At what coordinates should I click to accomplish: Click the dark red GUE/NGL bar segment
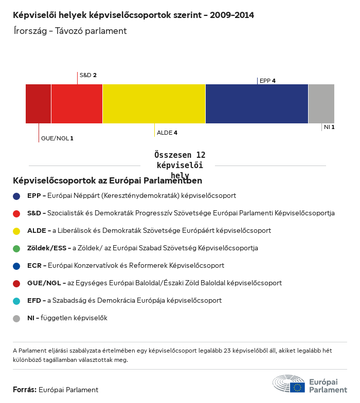coord(39,104)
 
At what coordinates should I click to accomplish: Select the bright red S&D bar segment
coord(77,104)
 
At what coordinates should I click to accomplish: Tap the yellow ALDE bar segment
coord(154,104)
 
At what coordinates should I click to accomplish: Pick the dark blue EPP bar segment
coord(257,104)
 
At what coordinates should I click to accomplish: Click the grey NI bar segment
coord(321,104)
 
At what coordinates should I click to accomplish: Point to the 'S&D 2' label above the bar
coord(88,75)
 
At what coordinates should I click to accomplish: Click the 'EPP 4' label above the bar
coord(267,81)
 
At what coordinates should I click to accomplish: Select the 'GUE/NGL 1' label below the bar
coord(57,138)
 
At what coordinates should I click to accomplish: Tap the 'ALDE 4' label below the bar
coord(167,133)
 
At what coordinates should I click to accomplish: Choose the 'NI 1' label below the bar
coord(329,127)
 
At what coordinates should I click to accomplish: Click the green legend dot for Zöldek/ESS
coord(16,248)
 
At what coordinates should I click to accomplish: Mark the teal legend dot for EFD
coord(16,301)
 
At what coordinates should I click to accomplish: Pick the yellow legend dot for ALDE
coord(16,231)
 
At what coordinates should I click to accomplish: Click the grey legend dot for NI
coord(16,318)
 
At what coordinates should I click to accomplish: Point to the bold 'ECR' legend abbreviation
coord(34,266)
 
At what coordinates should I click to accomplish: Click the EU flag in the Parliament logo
coord(297,387)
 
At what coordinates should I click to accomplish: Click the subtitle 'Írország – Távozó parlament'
coord(70,31)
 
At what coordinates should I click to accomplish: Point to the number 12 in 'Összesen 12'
coord(200,155)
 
